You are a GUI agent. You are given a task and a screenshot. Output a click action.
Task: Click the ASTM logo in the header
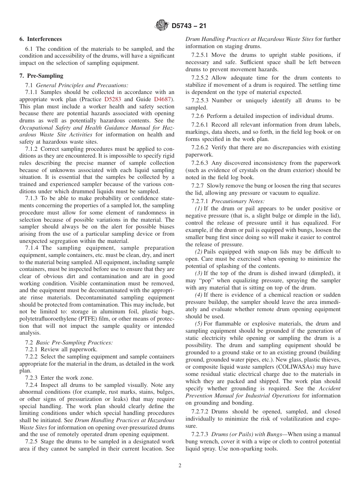[x=162, y=26]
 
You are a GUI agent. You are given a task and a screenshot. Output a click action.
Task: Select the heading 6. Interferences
[x=41, y=39]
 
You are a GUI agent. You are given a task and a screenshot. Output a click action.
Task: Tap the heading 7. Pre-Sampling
[x=41, y=76]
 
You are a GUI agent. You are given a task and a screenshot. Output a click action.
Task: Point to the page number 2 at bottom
[x=180, y=466]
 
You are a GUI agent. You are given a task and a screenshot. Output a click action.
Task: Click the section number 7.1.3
[x=31, y=199]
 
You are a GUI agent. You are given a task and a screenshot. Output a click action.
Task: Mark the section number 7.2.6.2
[x=200, y=147]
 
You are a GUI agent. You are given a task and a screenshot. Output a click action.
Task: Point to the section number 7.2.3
[x=31, y=378]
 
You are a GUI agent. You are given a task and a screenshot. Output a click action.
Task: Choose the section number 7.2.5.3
[x=200, y=100]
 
